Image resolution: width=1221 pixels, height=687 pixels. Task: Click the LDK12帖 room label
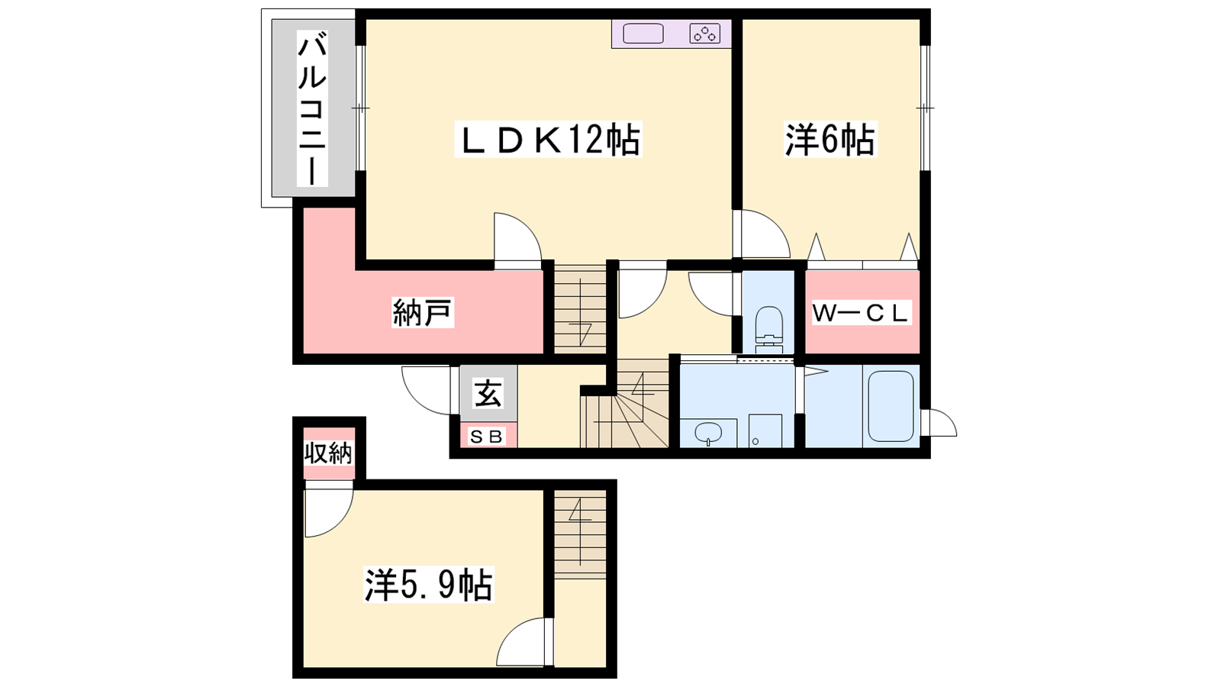pyautogui.click(x=549, y=139)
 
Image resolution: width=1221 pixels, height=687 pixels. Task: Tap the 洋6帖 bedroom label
pyautogui.click(x=830, y=139)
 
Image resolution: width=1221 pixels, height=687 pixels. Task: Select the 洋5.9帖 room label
pyautogui.click(x=428, y=584)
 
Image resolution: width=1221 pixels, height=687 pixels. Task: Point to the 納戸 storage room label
pyautogui.click(x=423, y=312)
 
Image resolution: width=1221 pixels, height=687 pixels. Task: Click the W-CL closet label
pyautogui.click(x=861, y=313)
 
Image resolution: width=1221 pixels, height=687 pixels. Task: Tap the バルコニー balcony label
pyautogui.click(x=312, y=108)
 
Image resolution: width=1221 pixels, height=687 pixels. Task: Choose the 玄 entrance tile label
pyautogui.click(x=488, y=394)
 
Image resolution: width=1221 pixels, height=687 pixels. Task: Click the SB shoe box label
pyautogui.click(x=488, y=436)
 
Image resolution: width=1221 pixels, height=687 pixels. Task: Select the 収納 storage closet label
pyautogui.click(x=328, y=453)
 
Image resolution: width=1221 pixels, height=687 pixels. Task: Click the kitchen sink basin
pyautogui.click(x=643, y=34)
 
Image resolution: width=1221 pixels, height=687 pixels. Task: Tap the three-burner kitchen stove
pyautogui.click(x=705, y=34)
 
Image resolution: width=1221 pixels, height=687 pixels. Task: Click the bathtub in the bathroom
pyautogui.click(x=891, y=406)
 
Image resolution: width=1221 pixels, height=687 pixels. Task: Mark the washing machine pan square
pyautogui.click(x=765, y=431)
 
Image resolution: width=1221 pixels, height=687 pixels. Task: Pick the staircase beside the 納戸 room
pyautogui.click(x=581, y=310)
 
